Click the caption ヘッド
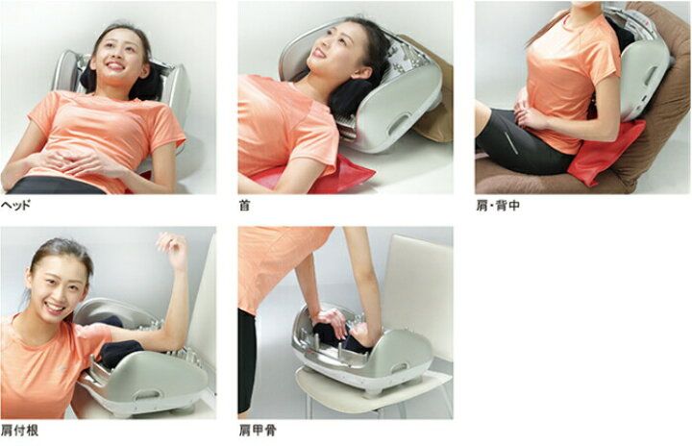point(16,206)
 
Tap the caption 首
point(244,206)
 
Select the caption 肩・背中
point(498,206)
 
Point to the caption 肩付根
point(19,430)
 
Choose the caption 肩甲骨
point(258,430)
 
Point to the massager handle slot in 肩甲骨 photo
point(399,367)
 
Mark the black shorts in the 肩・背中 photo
point(521,141)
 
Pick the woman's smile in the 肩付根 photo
point(55,307)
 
